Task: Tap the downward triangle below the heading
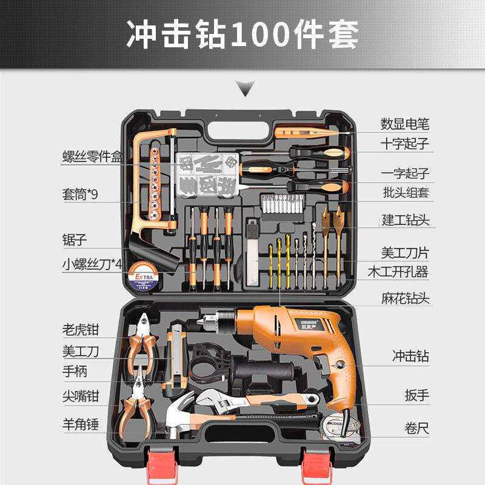coord(245,92)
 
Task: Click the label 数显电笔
coord(404,124)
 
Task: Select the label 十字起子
coord(404,144)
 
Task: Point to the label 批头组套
coord(404,193)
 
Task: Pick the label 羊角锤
coord(80,423)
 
